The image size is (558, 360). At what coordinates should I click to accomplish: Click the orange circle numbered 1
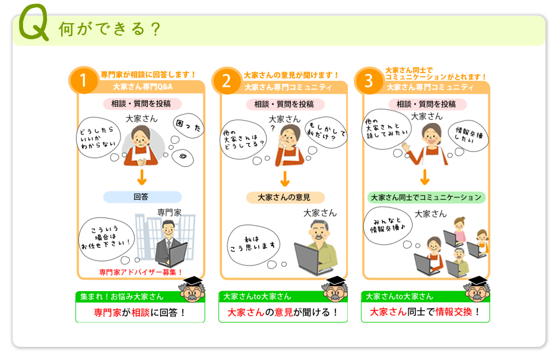[x=84, y=80]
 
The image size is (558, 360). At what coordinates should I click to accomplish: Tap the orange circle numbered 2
[x=226, y=81]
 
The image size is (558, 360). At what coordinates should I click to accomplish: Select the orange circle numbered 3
[x=369, y=81]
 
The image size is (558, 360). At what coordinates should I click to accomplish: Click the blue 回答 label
[x=142, y=197]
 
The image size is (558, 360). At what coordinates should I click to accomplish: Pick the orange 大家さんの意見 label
[x=286, y=197]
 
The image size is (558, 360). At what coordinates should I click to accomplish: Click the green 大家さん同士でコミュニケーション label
[x=426, y=198]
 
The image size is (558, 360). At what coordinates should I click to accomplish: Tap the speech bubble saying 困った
[x=188, y=126]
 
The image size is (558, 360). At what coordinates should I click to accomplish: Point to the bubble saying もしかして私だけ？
[x=326, y=132]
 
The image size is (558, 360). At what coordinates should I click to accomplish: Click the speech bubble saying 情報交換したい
[x=468, y=135]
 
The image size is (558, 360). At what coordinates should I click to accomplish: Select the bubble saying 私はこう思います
[x=253, y=245]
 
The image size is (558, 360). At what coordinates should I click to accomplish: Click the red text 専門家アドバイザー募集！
[x=141, y=273]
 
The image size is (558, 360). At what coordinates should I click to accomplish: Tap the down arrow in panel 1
[x=142, y=178]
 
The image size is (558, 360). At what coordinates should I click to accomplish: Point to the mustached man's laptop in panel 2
[x=308, y=259]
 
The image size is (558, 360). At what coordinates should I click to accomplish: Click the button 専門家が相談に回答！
[x=140, y=312]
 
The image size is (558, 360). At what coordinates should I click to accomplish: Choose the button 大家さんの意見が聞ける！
[x=283, y=312]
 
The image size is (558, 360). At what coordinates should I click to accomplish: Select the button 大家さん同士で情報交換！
[x=425, y=312]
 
